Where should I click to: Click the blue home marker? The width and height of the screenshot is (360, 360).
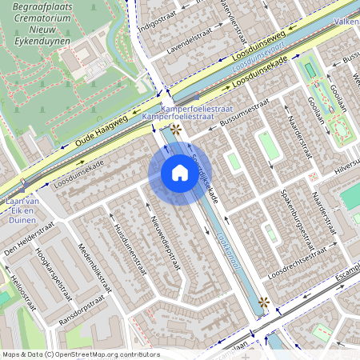tap(179, 173)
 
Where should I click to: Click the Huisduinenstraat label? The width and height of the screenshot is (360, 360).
tap(127, 242)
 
